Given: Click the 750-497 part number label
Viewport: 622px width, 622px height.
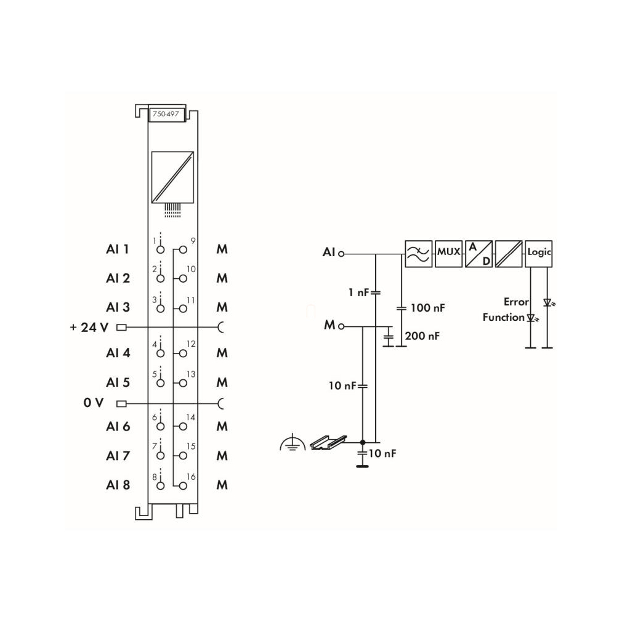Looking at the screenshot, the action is click(x=166, y=114).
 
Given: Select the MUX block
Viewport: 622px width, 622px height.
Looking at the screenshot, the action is click(x=449, y=254).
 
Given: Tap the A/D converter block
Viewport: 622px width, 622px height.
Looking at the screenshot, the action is click(x=479, y=254).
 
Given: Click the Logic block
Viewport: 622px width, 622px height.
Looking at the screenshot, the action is click(x=539, y=254).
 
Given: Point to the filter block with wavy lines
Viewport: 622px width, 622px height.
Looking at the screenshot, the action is click(x=419, y=254).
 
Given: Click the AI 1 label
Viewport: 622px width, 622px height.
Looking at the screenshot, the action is click(x=118, y=249).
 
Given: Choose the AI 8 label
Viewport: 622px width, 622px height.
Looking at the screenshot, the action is click(x=118, y=485).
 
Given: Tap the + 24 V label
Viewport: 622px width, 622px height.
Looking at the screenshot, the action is click(x=89, y=327).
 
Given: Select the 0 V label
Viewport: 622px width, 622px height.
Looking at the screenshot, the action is click(x=94, y=403).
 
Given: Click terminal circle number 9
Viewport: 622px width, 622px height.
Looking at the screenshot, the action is click(x=183, y=249).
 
